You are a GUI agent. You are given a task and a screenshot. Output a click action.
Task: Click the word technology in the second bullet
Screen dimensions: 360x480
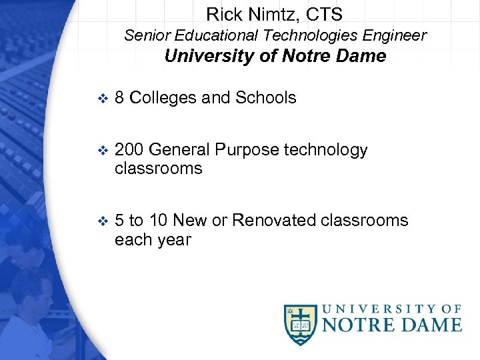326,150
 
